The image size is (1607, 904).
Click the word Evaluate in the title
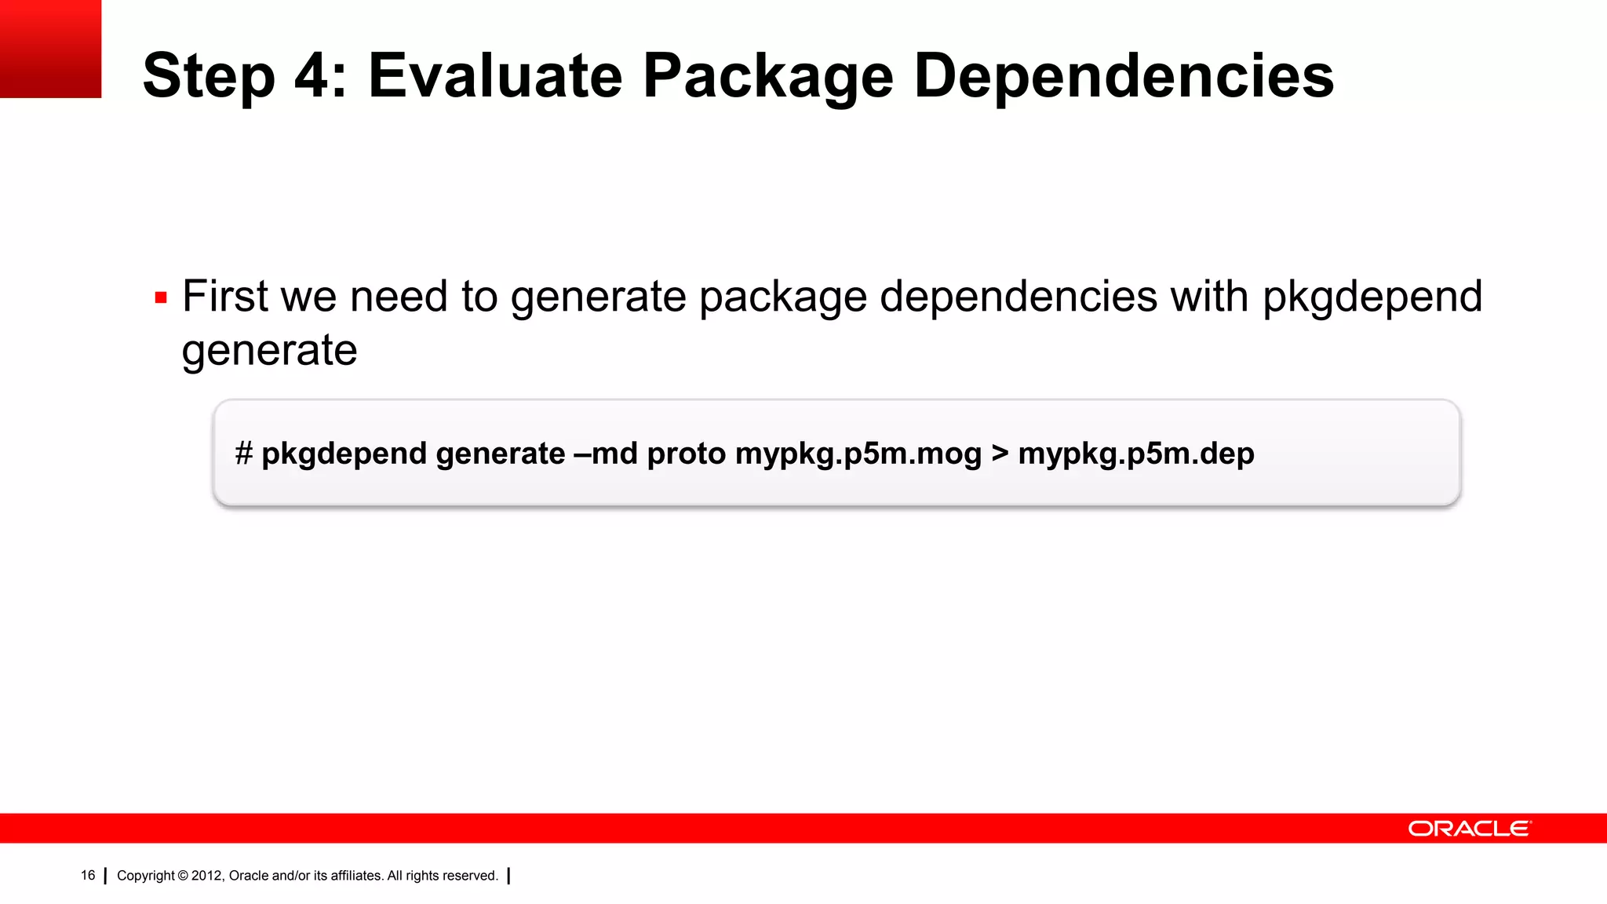(495, 75)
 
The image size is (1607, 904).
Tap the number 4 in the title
(312, 75)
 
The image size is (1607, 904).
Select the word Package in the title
(767, 77)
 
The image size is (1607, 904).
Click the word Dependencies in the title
(1124, 77)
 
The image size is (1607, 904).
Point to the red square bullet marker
(161, 298)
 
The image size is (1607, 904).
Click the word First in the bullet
(224, 297)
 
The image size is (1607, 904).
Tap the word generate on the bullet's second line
(269, 350)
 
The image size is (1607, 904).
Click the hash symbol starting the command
(243, 454)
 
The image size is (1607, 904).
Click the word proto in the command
(686, 454)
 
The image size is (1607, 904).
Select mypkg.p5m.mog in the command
(858, 454)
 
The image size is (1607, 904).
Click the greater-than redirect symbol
(1000, 454)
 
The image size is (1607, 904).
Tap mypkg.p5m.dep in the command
(1135, 454)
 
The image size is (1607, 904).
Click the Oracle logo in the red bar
(1469, 829)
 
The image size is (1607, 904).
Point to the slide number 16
(88, 875)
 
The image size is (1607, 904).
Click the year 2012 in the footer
(207, 876)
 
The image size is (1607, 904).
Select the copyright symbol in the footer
(183, 876)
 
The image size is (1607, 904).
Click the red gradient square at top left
(50, 49)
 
